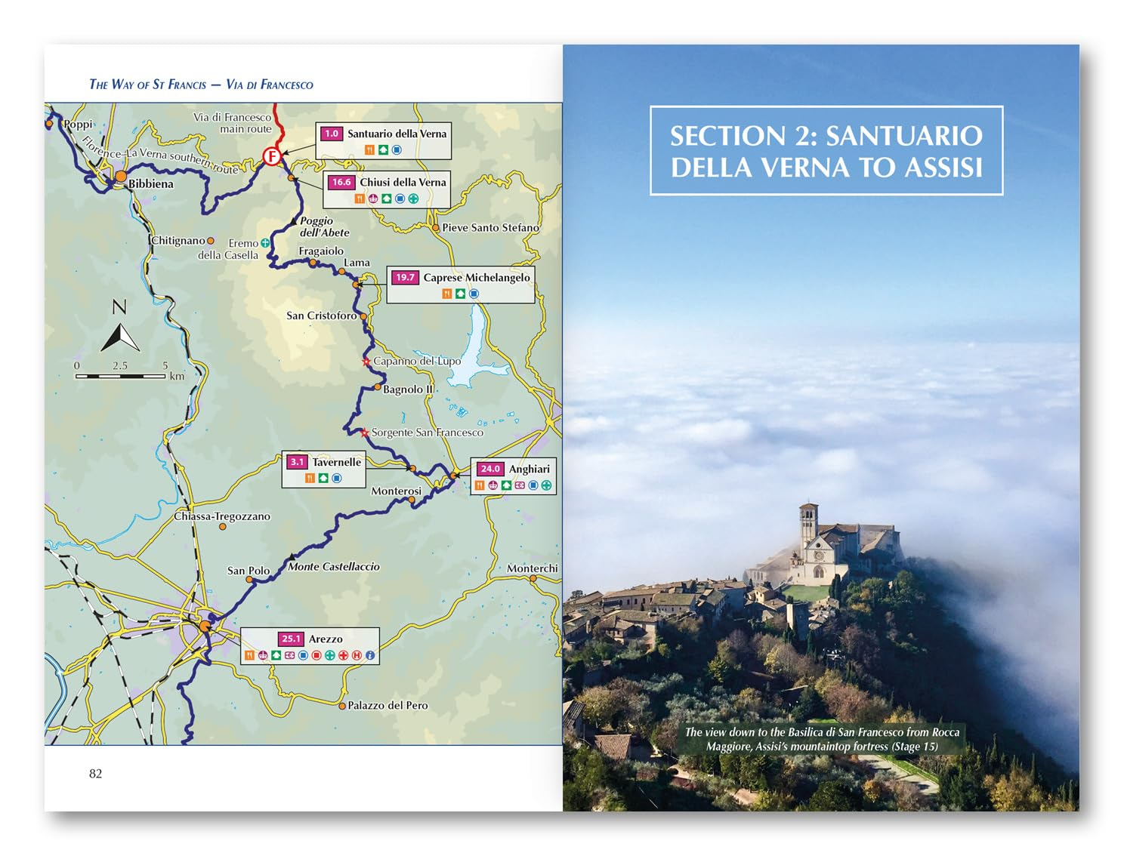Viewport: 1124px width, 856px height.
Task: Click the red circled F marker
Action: (271, 156)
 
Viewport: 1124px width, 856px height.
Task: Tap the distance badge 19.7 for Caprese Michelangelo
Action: (405, 277)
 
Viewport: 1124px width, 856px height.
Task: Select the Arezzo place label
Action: (326, 639)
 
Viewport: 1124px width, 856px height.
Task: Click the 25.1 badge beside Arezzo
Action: (291, 639)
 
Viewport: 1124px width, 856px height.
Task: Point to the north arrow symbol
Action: (119, 337)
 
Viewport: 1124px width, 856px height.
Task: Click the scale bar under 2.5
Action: (120, 375)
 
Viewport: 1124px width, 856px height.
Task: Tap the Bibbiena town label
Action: (150, 183)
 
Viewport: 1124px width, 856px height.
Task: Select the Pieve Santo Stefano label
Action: (490, 227)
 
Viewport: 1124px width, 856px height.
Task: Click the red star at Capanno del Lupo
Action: (366, 362)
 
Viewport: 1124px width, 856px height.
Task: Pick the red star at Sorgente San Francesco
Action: (365, 433)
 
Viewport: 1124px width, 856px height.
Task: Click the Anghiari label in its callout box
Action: (529, 469)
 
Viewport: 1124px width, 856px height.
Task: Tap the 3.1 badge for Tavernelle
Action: (297, 462)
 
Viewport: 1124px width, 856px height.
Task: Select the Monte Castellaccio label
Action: (334, 566)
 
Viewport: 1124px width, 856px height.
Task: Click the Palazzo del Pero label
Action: (388, 705)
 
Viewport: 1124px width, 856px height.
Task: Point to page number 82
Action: (95, 773)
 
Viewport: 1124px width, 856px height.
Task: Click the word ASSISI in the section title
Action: (944, 167)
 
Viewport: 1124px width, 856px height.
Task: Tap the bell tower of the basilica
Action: (808, 525)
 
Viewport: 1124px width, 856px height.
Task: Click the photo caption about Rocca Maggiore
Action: (822, 739)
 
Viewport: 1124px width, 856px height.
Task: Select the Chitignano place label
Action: (178, 240)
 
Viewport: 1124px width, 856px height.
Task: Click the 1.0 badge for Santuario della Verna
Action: (332, 134)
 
